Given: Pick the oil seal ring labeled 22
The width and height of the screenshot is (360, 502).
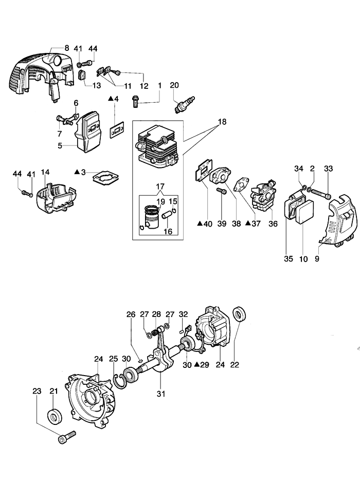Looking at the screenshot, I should tap(240, 313).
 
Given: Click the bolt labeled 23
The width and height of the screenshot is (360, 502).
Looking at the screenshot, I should tap(67, 437).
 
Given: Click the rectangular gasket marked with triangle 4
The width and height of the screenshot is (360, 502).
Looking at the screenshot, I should tap(119, 131).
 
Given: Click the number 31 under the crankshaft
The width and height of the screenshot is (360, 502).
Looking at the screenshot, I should tap(160, 394).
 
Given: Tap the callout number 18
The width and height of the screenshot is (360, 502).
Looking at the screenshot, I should tap(222, 122).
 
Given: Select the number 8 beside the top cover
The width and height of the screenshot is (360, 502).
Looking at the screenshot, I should tap(67, 47).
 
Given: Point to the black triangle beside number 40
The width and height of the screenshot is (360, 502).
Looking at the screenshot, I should tap(200, 224).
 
